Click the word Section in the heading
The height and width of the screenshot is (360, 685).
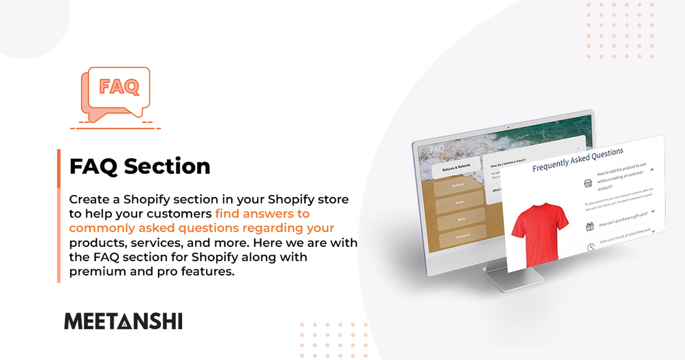coord(171,166)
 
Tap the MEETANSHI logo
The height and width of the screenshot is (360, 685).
coord(123,321)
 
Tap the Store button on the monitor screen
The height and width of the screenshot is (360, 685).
coord(461,220)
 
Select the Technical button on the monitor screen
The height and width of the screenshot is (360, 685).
coord(463,236)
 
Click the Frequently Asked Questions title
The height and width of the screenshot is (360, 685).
coord(577,159)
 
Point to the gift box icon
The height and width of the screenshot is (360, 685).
coord(590,226)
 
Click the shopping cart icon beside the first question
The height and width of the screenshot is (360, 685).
coord(588,183)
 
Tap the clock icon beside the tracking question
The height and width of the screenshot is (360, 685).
coord(591,247)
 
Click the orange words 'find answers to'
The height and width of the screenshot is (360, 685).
coord(262,213)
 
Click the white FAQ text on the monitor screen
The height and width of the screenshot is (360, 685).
coord(436,148)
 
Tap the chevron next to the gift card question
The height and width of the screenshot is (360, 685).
coord(652,211)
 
